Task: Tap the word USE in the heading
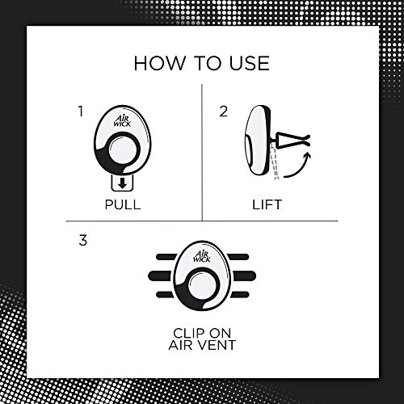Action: point(249,63)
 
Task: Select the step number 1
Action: point(80,112)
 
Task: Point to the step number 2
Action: point(223,112)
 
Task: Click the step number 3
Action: point(83,240)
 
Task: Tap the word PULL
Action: point(123,204)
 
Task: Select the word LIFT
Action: point(267,204)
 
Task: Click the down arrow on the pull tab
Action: point(123,183)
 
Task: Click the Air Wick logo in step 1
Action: point(122,120)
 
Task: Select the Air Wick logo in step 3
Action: point(202,256)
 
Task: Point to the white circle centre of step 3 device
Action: point(203,285)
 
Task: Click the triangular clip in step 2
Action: point(292,139)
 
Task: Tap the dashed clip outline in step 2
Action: point(275,161)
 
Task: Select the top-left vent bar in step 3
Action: point(166,257)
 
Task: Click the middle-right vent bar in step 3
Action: point(244,276)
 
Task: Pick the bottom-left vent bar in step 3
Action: point(166,295)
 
